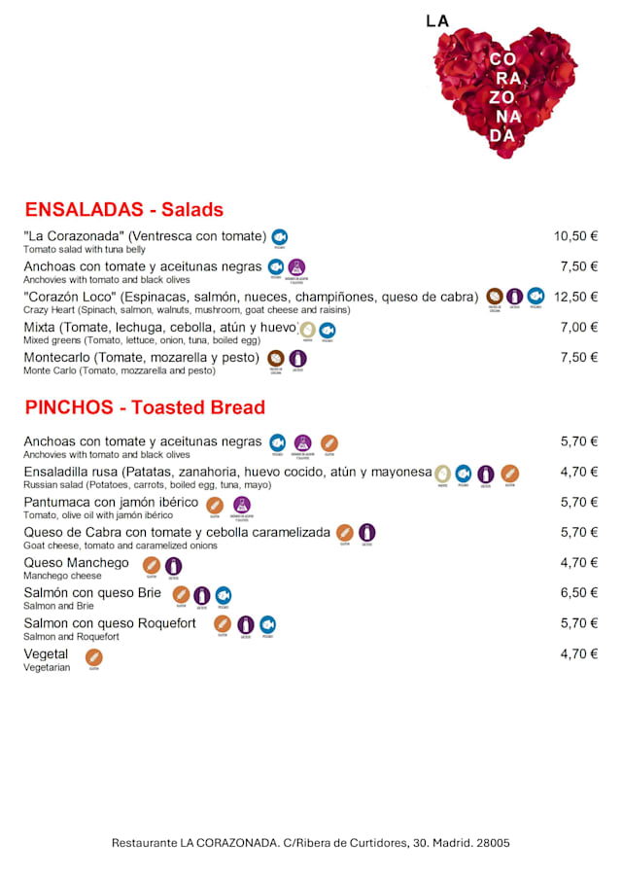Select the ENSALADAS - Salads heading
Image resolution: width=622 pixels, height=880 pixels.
point(123,210)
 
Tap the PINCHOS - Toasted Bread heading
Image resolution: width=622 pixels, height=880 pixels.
point(144,406)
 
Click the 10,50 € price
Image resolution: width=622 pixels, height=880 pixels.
point(575,236)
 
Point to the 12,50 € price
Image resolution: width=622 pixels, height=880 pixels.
point(575,297)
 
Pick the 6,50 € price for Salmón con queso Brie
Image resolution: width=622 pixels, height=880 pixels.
point(578,593)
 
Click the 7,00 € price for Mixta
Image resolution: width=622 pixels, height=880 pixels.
point(578,327)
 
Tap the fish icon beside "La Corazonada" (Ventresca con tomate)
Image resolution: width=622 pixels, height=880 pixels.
point(279,236)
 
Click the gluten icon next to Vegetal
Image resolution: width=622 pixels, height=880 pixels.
point(94,656)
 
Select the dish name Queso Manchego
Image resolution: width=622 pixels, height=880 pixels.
point(76,563)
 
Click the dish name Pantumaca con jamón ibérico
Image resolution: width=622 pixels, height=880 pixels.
point(111,502)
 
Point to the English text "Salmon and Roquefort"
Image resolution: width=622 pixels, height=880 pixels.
point(71,637)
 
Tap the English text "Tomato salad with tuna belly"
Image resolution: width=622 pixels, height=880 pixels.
point(84,250)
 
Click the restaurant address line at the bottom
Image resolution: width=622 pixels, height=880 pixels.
point(310,843)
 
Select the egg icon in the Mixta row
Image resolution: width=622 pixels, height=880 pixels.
point(307,330)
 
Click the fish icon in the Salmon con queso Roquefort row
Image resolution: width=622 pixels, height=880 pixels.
point(267,624)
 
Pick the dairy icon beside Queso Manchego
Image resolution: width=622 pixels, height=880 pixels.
point(173,565)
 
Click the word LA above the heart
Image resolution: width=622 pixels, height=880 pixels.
point(437,19)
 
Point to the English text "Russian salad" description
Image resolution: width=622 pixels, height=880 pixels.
point(147,485)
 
